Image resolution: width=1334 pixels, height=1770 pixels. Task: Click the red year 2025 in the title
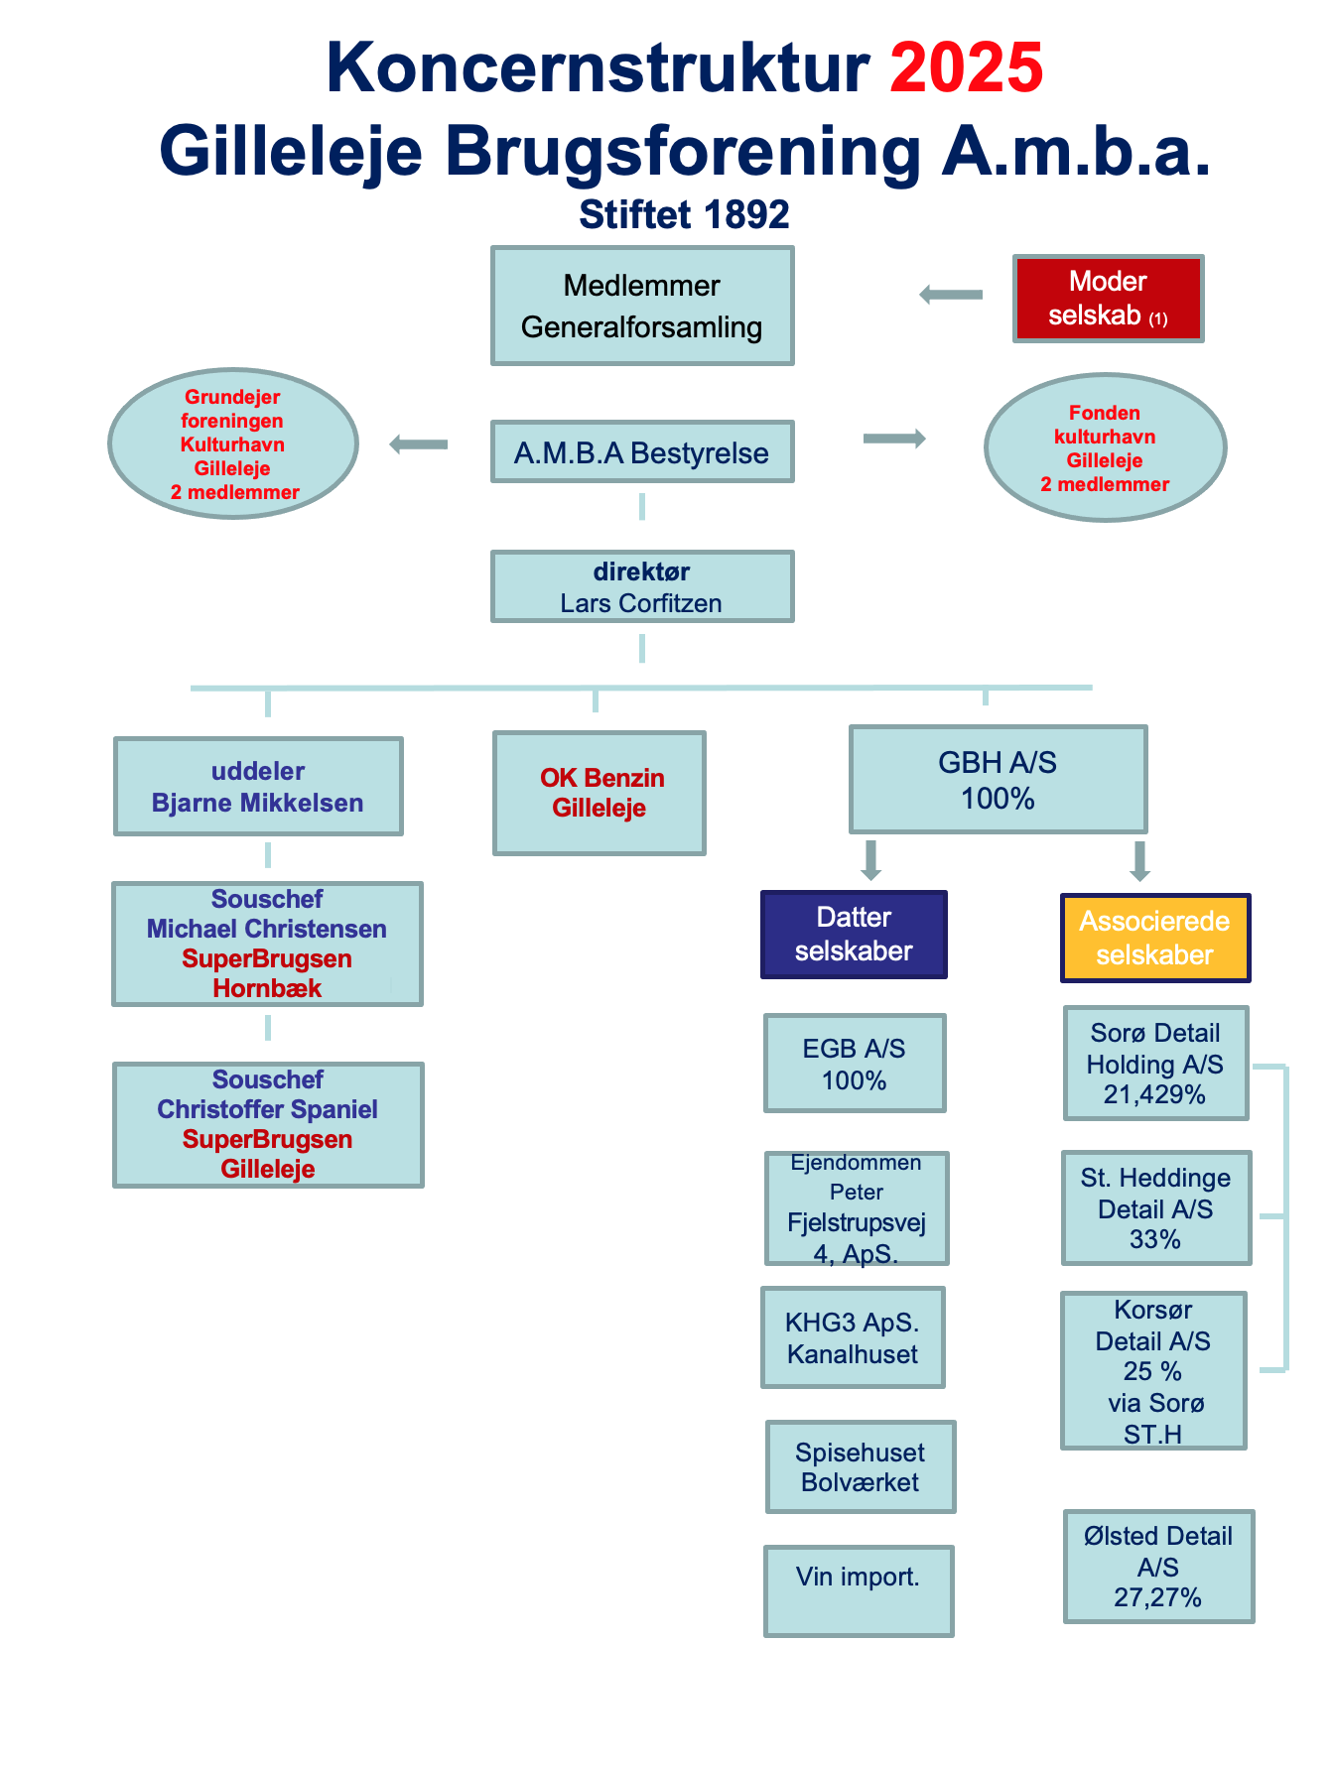(966, 67)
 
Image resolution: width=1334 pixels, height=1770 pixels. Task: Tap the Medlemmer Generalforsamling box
(642, 306)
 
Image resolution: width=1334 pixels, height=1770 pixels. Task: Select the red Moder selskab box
(1108, 298)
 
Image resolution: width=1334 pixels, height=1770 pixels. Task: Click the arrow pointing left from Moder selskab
(951, 295)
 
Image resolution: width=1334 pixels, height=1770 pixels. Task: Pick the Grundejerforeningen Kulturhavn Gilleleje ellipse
(233, 443)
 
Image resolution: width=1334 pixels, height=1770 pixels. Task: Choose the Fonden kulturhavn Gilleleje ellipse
(1105, 447)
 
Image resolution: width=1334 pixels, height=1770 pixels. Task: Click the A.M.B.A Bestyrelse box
(642, 452)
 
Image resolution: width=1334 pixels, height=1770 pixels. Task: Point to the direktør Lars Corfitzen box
(642, 586)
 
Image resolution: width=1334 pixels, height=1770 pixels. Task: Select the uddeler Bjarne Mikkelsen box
(258, 786)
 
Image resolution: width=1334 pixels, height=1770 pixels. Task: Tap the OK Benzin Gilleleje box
(600, 793)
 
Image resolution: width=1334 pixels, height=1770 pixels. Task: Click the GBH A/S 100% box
(998, 779)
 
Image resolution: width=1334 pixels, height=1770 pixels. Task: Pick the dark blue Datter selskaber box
(854, 934)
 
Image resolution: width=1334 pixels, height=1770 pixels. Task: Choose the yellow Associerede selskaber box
(1155, 938)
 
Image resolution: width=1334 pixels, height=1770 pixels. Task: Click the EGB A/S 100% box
(855, 1063)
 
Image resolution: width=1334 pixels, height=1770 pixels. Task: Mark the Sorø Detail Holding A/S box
(1155, 1063)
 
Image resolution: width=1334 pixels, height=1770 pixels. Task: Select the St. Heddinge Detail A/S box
(1155, 1207)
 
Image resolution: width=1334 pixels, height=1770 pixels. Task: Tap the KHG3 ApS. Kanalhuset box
(853, 1337)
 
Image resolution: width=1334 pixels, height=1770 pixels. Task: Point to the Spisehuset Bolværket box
(861, 1466)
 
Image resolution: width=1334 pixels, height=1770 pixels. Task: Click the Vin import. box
(859, 1589)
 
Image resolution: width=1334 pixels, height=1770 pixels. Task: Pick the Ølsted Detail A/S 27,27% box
(1158, 1566)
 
